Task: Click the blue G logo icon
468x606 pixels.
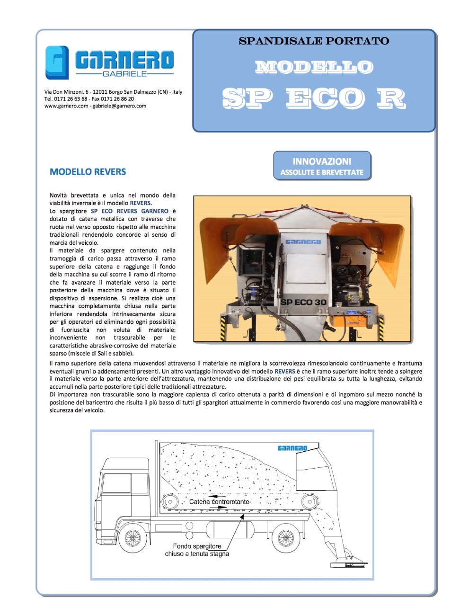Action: pyautogui.click(x=57, y=62)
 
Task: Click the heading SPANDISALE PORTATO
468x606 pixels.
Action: pyautogui.click(x=314, y=41)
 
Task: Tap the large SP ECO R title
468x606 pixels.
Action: pyautogui.click(x=314, y=98)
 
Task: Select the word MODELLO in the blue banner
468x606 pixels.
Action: pyautogui.click(x=314, y=67)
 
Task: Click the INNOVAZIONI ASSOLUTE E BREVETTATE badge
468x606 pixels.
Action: pyautogui.click(x=322, y=166)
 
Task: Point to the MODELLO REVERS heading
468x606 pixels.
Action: pyautogui.click(x=88, y=172)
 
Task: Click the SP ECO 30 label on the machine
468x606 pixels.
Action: pyautogui.click(x=303, y=302)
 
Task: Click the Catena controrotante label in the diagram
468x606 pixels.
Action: pyautogui.click(x=219, y=502)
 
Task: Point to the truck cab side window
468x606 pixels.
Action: pyautogui.click(x=116, y=483)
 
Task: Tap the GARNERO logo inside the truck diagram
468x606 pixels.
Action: pyautogui.click(x=292, y=448)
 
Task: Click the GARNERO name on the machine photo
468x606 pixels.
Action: pyautogui.click(x=303, y=242)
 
